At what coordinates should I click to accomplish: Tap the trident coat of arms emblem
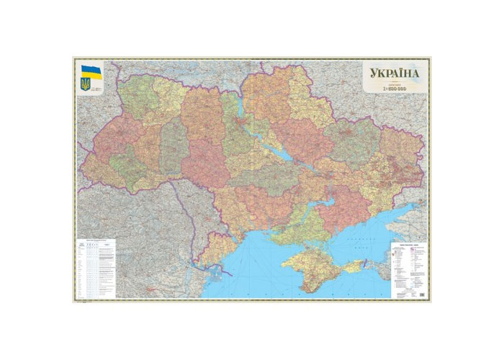tap(86, 84)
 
